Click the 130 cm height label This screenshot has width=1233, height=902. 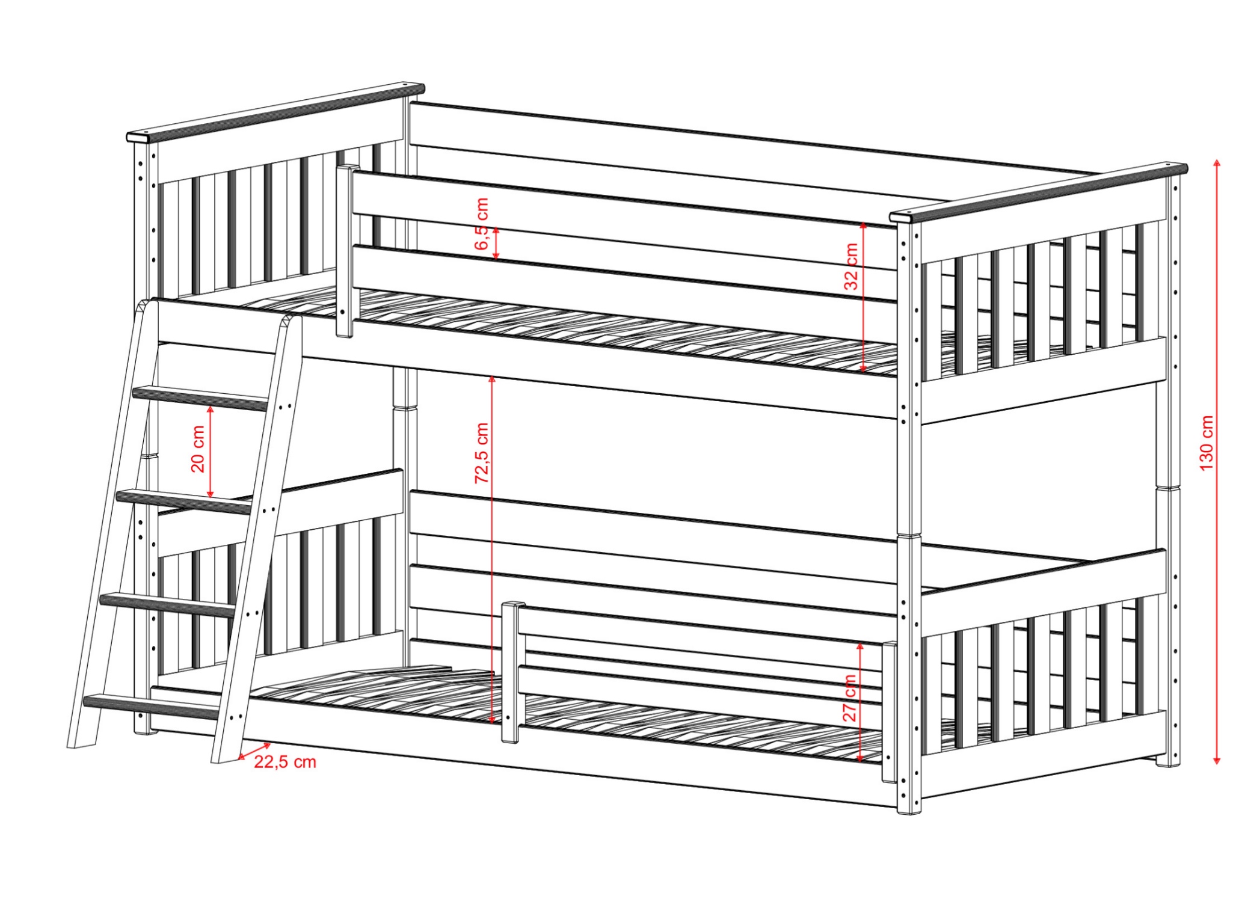(1207, 443)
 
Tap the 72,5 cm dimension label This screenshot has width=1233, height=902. (482, 453)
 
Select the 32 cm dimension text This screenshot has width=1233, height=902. (851, 266)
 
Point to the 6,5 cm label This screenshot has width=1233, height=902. (482, 224)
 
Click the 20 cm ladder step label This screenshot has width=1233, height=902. (198, 449)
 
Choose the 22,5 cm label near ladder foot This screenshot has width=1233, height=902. (285, 762)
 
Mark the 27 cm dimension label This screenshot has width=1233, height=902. (849, 698)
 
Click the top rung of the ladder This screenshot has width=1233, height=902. (200, 398)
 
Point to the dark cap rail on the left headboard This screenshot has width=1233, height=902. (275, 112)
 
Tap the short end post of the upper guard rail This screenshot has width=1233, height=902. (345, 251)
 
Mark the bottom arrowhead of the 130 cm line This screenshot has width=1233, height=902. (1217, 761)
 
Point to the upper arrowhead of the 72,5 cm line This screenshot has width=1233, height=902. (492, 379)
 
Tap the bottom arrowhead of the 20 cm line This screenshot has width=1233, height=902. (211, 494)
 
